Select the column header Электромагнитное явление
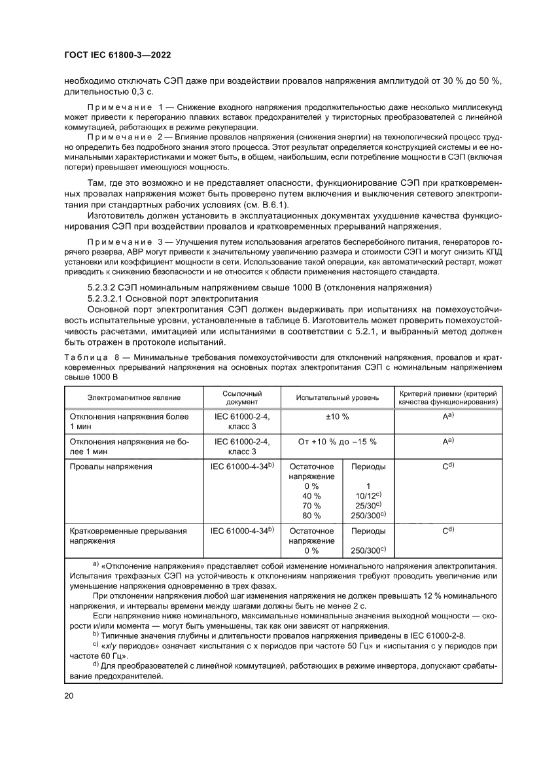(134, 398)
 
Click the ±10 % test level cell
(337, 416)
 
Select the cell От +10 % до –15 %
(337, 441)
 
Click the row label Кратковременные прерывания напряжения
(128, 536)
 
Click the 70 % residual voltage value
(311, 506)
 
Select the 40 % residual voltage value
(311, 496)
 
